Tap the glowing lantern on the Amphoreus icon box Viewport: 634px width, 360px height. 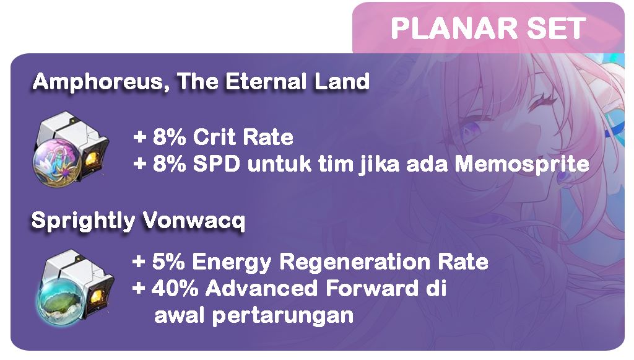(x=92, y=159)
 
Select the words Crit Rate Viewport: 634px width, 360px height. (x=243, y=137)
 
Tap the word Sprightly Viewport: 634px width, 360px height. (x=84, y=221)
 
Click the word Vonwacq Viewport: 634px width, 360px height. (x=194, y=221)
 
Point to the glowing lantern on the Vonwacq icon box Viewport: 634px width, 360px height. (x=97, y=297)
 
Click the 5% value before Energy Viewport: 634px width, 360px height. (x=168, y=261)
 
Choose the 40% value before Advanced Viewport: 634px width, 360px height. (x=175, y=288)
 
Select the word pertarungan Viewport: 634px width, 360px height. (x=283, y=316)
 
